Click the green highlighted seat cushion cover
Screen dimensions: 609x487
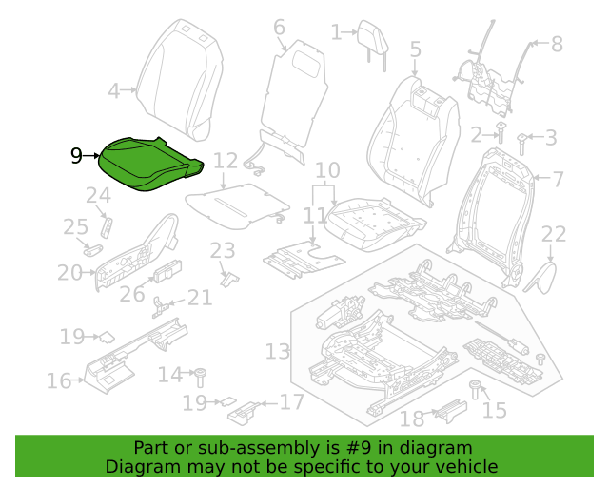(149, 164)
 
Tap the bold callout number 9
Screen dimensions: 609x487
(76, 156)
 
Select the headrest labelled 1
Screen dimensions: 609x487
(373, 44)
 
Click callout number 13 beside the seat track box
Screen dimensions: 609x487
(277, 352)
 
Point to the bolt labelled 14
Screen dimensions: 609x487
(201, 377)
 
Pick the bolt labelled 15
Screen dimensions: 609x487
(475, 390)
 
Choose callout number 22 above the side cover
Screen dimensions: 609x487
(554, 234)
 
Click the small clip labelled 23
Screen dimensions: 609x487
(230, 279)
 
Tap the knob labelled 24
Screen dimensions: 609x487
(107, 227)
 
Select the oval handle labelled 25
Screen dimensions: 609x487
(93, 250)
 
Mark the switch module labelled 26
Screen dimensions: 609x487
(167, 271)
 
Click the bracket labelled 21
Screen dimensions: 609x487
(159, 307)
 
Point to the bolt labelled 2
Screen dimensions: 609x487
(501, 132)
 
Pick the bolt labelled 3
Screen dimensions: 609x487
(522, 144)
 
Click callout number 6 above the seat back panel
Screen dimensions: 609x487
(279, 28)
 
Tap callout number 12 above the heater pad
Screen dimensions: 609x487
(226, 161)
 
